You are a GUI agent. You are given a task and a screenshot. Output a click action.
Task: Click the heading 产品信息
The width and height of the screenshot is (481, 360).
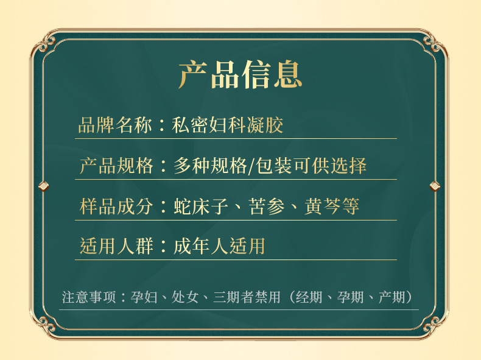pos(240,74)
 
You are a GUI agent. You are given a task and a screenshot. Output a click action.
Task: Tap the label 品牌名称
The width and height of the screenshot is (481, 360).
pos(115,125)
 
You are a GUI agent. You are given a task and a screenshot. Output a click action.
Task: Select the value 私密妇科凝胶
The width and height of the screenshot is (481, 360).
pos(227,125)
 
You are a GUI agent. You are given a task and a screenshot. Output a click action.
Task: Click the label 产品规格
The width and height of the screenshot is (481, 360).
pos(116,166)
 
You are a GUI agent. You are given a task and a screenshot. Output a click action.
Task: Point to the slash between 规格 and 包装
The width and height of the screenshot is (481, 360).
pos(251,166)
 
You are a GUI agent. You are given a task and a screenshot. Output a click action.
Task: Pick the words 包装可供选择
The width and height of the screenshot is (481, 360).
pos(311,166)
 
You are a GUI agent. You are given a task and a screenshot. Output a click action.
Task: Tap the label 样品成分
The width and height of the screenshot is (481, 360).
pos(116,206)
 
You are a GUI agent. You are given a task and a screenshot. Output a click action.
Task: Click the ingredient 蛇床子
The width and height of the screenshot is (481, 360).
pos(201,206)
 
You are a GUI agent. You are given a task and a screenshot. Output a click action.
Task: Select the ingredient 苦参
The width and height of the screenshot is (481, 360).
pos(267,206)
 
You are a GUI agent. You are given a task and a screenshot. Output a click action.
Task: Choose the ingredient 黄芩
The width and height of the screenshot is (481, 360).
pos(323,206)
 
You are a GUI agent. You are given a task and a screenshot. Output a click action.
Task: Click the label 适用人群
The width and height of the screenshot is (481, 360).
pos(116,246)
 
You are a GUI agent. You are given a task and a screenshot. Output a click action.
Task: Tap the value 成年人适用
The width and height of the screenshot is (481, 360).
pos(219,246)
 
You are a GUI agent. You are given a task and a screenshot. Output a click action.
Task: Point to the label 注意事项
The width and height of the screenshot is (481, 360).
pos(89,297)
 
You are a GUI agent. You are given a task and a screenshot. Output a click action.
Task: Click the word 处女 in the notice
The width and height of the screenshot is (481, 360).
pos(185,297)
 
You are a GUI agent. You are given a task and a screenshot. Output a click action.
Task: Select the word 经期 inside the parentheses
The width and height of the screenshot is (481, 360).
pos(309,297)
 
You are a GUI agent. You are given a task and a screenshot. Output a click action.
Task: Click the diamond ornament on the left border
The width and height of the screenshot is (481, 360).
pos(44,186)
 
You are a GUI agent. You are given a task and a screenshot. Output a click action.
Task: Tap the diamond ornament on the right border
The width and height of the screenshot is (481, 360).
pos(435,186)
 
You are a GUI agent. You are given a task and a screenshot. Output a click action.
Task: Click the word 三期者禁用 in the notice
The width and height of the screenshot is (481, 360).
pos(247,297)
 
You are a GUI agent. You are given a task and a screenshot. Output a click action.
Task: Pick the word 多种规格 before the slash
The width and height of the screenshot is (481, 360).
pos(211,166)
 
